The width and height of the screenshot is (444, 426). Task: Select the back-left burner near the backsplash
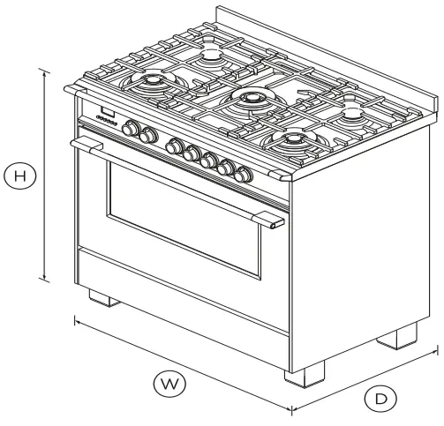pos(212,55)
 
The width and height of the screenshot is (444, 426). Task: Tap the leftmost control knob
pos(132,129)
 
